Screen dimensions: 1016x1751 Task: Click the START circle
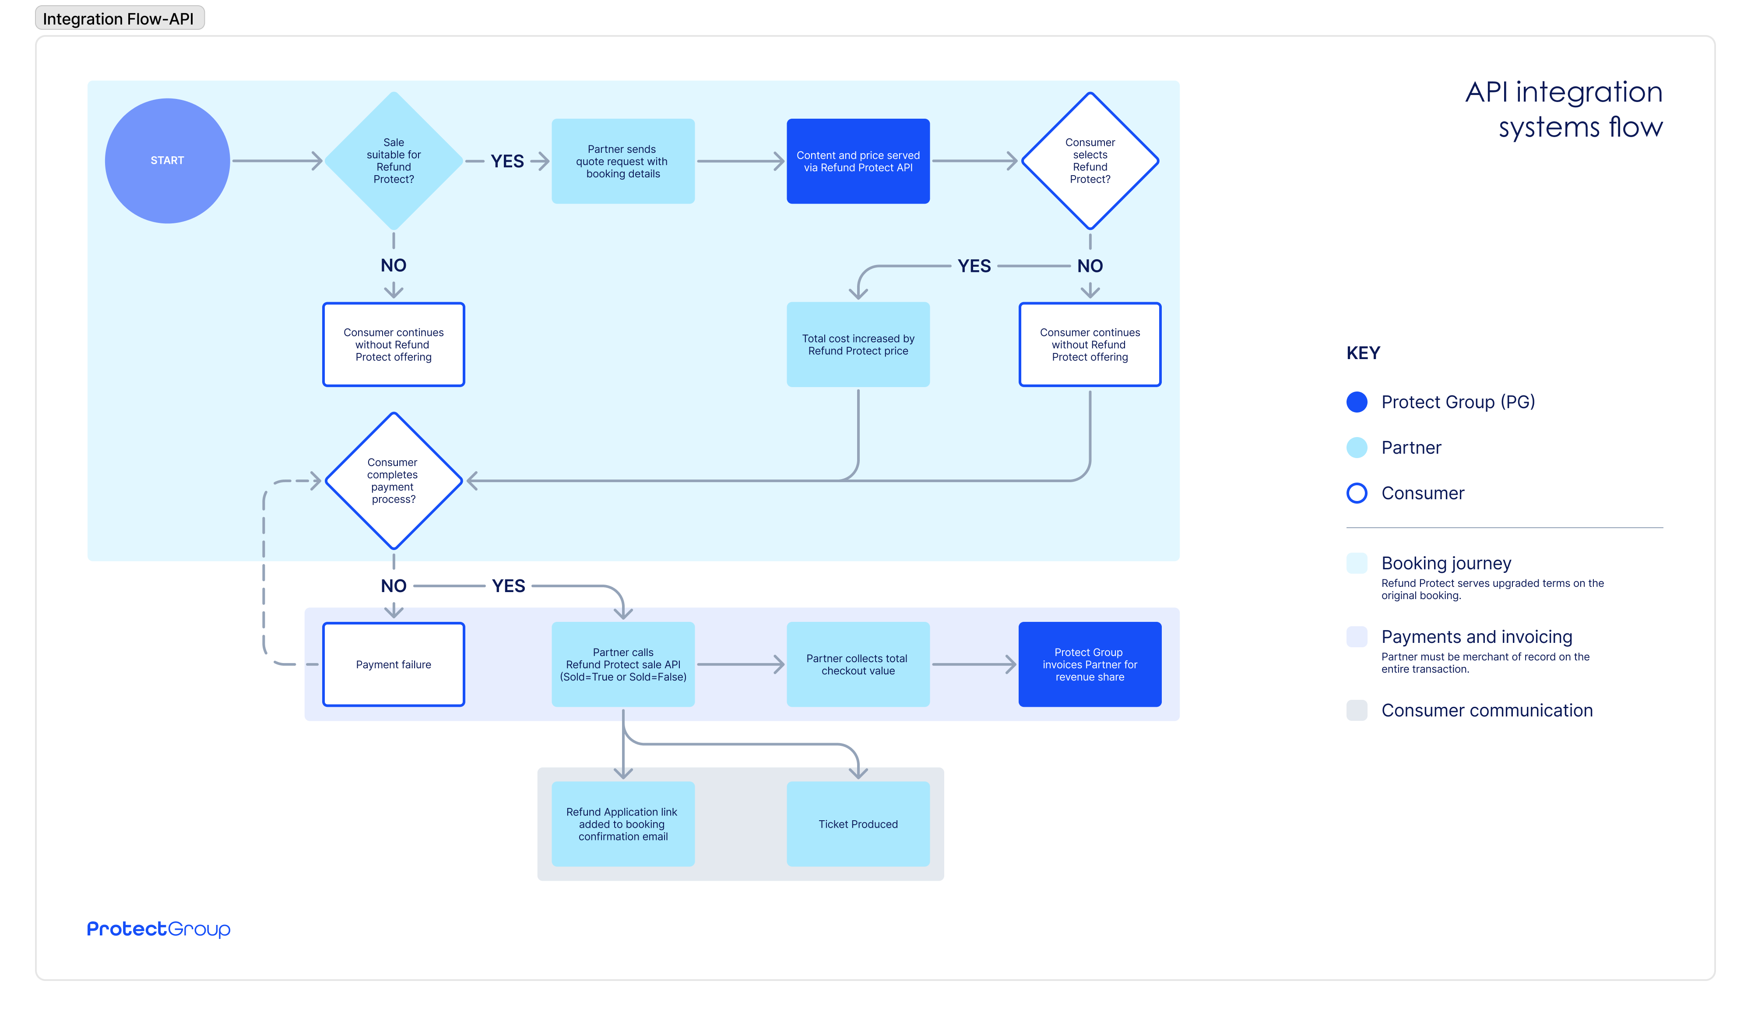tap(168, 161)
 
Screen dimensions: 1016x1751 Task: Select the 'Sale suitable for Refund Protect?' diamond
tap(393, 161)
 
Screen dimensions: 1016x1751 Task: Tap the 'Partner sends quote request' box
tap(622, 161)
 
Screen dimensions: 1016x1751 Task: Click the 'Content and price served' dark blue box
tap(858, 161)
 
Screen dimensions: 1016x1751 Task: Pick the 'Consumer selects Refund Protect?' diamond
tap(1090, 161)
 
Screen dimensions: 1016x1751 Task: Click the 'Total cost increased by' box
tap(858, 345)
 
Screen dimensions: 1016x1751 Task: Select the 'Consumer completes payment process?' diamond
tap(393, 481)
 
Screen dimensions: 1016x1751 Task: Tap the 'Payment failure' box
tap(393, 664)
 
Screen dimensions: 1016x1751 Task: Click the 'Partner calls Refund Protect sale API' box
tap(622, 664)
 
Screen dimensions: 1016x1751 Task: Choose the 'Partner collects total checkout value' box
tap(858, 664)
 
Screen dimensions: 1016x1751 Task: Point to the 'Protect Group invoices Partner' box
tap(1090, 664)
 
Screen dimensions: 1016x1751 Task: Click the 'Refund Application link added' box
tap(622, 824)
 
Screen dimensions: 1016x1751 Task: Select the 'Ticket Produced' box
tap(858, 824)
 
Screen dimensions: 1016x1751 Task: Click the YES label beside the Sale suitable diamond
tap(507, 161)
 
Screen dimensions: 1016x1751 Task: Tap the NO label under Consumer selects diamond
tap(1090, 266)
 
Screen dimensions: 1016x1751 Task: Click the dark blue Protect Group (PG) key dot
tap(1356, 402)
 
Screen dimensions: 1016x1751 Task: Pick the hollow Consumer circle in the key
tap(1356, 494)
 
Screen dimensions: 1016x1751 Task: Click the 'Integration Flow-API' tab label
tap(119, 19)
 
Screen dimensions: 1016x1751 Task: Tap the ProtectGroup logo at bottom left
tap(158, 929)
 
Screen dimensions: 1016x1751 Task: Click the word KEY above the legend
tap(1363, 353)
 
